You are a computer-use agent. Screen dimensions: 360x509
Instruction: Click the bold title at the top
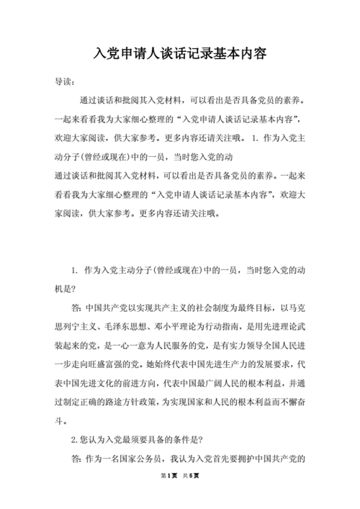click(x=180, y=54)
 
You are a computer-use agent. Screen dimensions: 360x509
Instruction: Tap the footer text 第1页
click(x=169, y=496)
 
